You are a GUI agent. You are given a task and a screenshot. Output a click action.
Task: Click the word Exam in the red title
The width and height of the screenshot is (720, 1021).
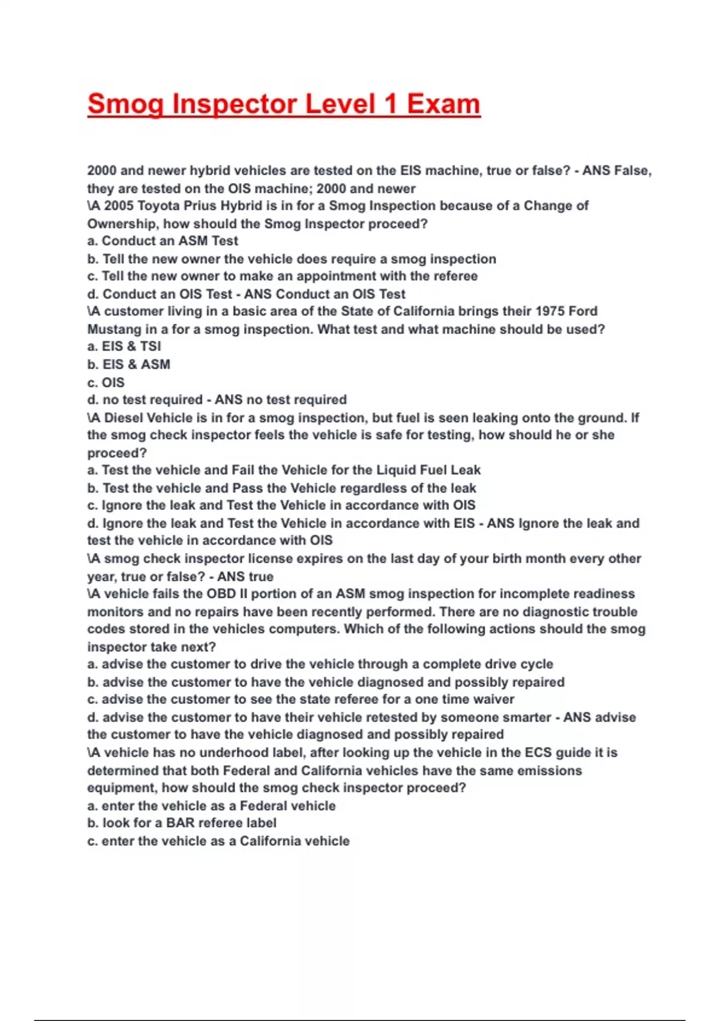point(443,104)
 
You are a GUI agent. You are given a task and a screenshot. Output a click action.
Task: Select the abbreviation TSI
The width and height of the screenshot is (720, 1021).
point(150,347)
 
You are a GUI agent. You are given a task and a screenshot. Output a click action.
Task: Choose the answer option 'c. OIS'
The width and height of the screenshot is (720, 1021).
point(106,382)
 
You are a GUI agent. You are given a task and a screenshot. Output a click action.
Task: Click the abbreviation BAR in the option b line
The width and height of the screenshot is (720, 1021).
point(180,823)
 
